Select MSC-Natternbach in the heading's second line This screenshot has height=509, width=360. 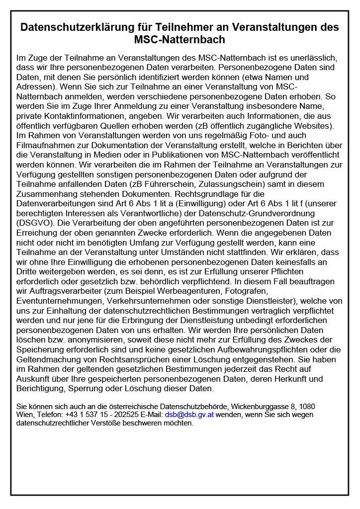click(180, 39)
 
